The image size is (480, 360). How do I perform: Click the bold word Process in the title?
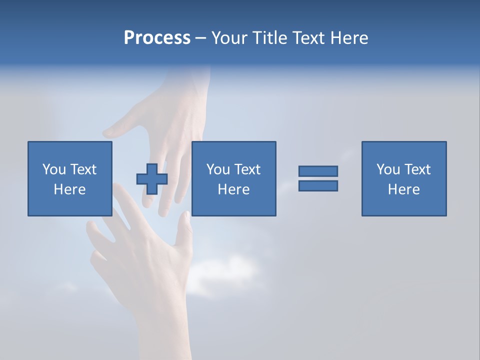coord(157,38)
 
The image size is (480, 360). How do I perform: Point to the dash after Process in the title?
coord(200,38)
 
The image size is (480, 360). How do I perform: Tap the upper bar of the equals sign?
coord(318,171)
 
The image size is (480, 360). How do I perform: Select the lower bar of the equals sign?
coord(318,185)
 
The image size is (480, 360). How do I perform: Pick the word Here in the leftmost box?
coord(69,189)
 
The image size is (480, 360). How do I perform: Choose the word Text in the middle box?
coord(247,169)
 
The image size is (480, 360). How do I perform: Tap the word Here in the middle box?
coord(233,189)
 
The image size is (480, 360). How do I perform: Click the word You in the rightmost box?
coord(388,169)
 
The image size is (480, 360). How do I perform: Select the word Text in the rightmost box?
coord(417,169)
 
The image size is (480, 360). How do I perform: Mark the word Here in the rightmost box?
coord(403,189)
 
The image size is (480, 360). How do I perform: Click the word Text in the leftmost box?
coord(83,169)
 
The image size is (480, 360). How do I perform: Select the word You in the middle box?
coord(218,169)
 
